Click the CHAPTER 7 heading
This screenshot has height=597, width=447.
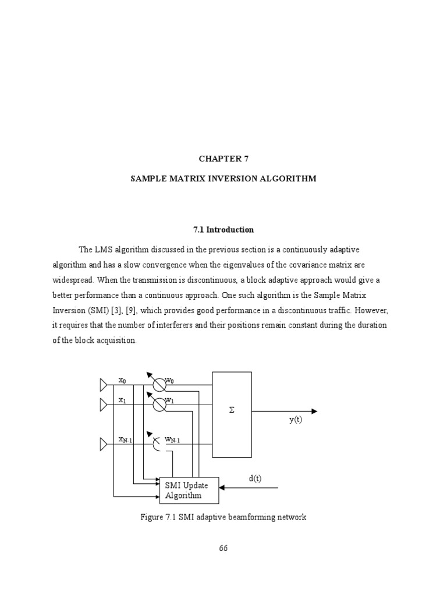click(223, 158)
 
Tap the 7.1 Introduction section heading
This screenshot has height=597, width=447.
click(223, 230)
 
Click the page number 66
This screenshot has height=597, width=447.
click(223, 548)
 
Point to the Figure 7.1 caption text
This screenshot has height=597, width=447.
click(223, 517)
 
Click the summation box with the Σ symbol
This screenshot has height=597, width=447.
click(232, 414)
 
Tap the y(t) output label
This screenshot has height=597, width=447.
click(296, 420)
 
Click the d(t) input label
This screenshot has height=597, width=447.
click(255, 479)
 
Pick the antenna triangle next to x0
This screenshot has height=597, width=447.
click(104, 384)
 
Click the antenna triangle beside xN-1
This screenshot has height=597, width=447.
click(104, 445)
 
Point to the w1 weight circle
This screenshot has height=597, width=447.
click(158, 405)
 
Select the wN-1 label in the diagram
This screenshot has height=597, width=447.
click(172, 440)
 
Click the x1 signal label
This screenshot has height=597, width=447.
click(122, 400)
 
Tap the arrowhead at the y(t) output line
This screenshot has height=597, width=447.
click(314, 411)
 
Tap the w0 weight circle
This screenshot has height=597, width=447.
click(158, 384)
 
